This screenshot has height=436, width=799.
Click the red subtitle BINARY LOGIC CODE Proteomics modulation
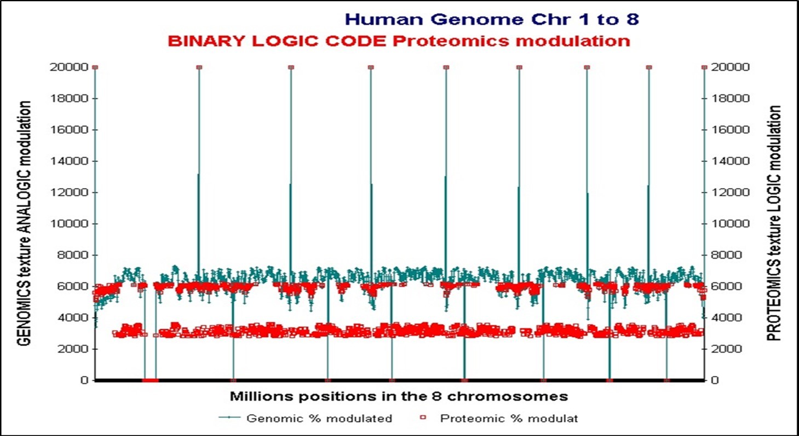coord(399,41)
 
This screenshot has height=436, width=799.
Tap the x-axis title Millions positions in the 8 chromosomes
coord(398,396)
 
